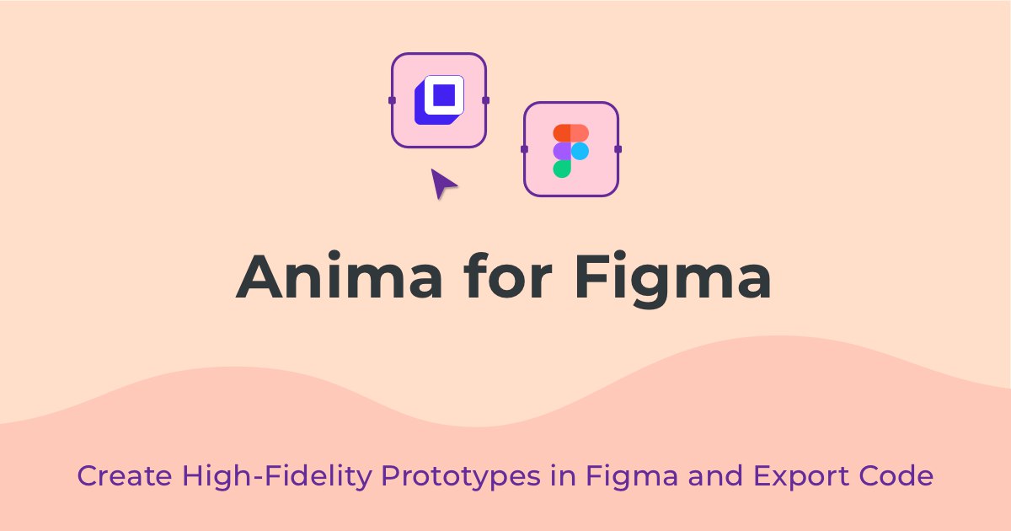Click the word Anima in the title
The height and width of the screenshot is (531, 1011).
[339, 276]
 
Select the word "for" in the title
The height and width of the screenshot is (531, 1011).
[508, 276]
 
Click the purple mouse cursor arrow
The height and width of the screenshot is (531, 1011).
[443, 184]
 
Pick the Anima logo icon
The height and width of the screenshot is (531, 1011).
[439, 99]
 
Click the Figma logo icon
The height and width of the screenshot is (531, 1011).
[571, 151]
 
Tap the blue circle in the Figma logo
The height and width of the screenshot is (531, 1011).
[580, 151]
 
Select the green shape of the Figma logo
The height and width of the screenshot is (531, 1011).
[562, 169]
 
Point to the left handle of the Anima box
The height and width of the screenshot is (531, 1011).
[392, 100]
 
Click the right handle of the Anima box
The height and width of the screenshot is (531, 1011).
[485, 100]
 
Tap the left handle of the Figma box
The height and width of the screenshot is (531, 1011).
[524, 149]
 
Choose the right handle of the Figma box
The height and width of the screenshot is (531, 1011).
[618, 149]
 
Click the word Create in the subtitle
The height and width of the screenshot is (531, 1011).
[125, 476]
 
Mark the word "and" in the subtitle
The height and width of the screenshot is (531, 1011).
[715, 475]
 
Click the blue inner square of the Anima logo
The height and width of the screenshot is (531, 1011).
[444, 95]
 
